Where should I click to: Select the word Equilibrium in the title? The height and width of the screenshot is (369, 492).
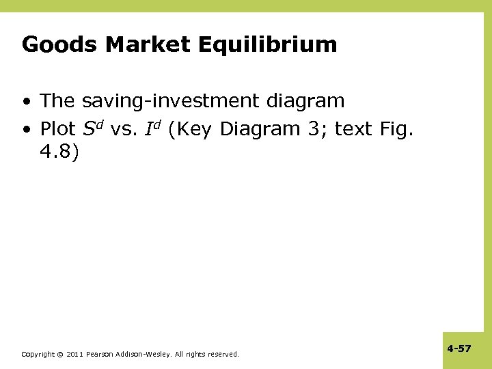pos(268,45)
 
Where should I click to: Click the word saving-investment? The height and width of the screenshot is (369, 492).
pos(172,101)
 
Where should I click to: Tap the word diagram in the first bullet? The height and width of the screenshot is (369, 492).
pos(306,101)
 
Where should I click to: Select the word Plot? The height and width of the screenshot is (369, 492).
pos(58,128)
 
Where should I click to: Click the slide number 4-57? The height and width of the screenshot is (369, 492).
pos(459,348)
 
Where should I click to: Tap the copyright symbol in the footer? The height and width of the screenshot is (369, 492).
pos(59,354)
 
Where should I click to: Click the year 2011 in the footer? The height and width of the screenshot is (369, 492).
pos(74,354)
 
